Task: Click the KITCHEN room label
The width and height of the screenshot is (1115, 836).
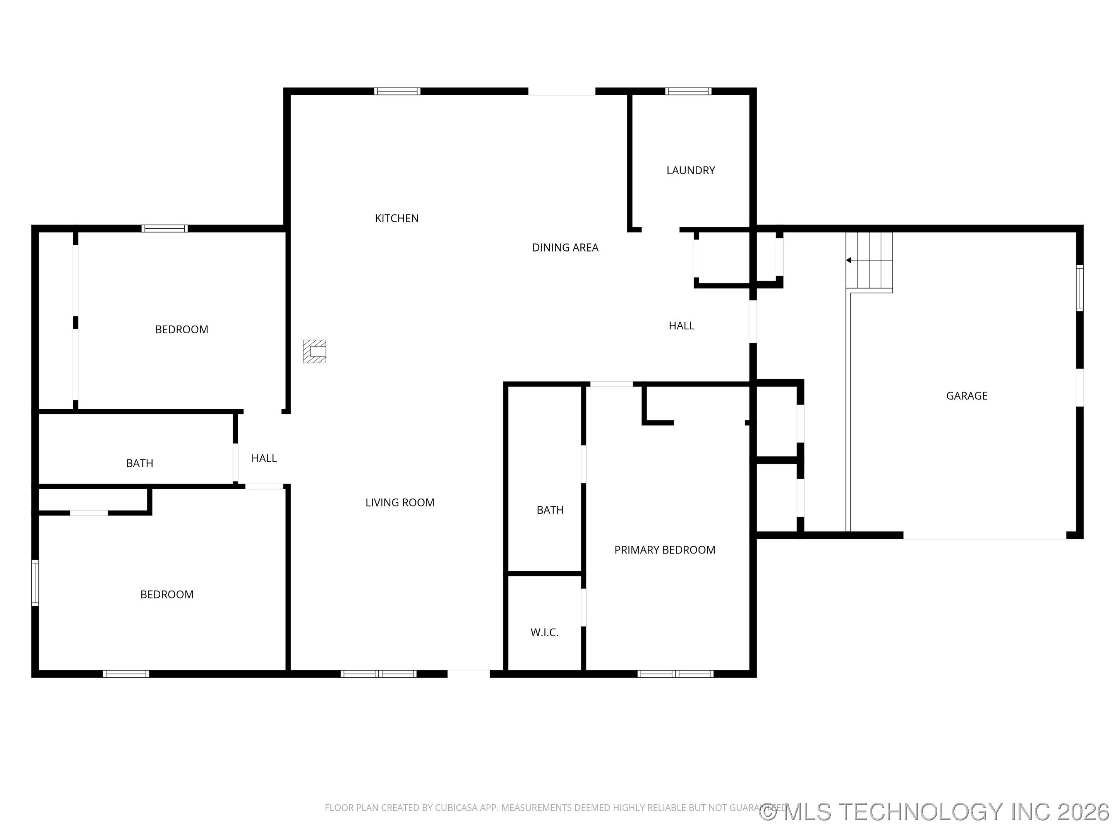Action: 397,218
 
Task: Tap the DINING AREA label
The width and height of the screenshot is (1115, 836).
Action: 565,247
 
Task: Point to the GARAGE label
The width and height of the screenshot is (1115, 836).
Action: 966,396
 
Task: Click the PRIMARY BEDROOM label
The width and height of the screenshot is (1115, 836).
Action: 664,550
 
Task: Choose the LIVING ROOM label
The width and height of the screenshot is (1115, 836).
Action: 400,502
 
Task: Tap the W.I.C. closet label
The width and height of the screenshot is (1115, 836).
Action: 544,632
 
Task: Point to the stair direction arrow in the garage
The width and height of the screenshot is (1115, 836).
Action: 849,260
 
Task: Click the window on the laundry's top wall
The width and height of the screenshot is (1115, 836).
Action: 688,91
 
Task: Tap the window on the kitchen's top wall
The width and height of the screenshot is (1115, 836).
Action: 397,91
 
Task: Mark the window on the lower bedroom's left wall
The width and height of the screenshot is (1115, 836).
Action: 35,582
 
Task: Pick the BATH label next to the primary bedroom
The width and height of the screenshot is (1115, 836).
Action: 550,510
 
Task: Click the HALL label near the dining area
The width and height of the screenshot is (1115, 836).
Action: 681,325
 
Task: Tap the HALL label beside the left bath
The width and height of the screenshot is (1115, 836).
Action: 264,458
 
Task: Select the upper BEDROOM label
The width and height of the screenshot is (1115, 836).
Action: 182,330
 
